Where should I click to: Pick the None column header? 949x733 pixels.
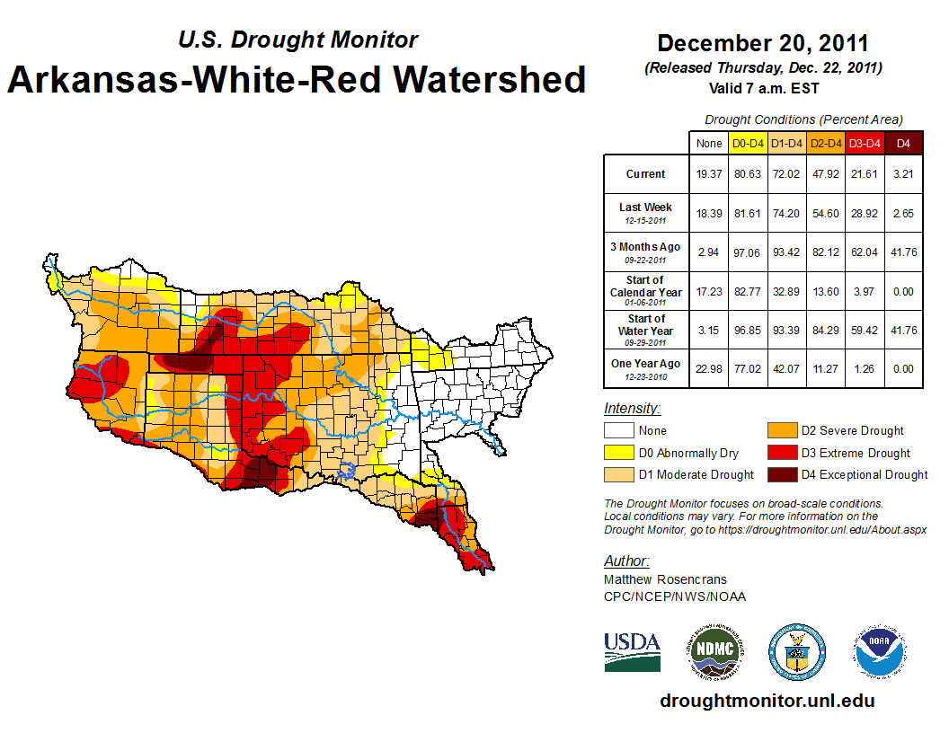tap(708, 143)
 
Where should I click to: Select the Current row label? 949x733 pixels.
tap(646, 174)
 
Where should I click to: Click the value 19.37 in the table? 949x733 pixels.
tap(708, 174)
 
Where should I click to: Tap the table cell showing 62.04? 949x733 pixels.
tap(864, 252)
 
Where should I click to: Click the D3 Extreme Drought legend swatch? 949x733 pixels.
tap(780, 453)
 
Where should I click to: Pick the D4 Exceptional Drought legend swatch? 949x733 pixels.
tap(780, 474)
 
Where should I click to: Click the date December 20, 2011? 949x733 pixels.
tap(763, 43)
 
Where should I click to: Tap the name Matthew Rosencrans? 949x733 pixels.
tap(665, 579)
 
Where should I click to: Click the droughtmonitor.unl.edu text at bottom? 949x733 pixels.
tap(767, 701)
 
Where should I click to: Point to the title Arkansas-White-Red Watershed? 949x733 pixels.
tap(297, 80)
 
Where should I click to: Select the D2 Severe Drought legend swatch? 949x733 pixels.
tap(780, 430)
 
